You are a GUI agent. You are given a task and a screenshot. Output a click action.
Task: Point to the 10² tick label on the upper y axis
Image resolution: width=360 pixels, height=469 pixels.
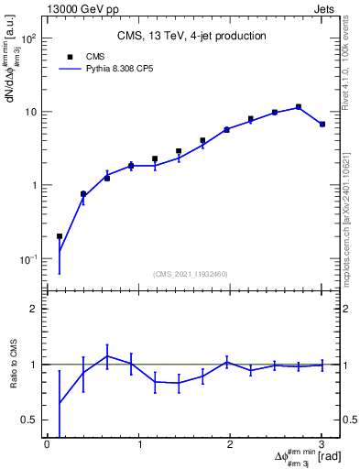[x=30, y=39]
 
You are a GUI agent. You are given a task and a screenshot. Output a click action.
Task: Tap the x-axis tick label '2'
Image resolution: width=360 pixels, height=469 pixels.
[x=231, y=444]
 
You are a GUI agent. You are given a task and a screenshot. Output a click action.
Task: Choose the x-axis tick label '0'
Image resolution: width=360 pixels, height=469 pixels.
[x=47, y=444]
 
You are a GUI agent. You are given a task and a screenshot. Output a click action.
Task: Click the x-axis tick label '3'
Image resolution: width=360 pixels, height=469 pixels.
[x=322, y=444]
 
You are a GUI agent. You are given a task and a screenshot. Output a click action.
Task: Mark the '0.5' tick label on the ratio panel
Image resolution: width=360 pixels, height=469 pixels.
[x=29, y=420]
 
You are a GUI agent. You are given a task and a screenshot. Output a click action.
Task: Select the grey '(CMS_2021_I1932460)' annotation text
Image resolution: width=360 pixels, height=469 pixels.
[x=191, y=273]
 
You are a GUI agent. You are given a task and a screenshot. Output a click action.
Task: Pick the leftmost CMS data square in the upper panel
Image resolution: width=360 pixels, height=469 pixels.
[x=60, y=236]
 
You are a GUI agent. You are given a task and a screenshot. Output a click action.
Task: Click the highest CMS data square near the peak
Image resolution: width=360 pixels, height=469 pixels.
[x=299, y=107]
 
